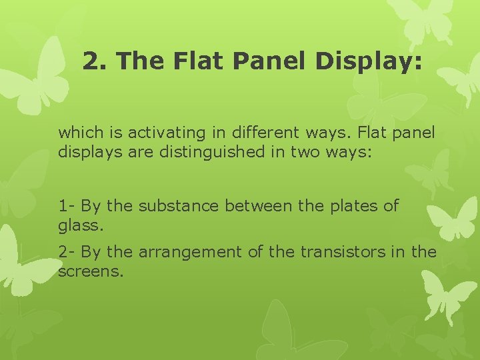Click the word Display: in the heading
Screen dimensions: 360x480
coord(369,62)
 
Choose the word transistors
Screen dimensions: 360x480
coord(339,252)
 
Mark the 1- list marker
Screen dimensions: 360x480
coord(66,206)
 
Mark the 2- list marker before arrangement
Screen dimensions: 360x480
coord(66,252)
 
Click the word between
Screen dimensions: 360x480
coord(259,206)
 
